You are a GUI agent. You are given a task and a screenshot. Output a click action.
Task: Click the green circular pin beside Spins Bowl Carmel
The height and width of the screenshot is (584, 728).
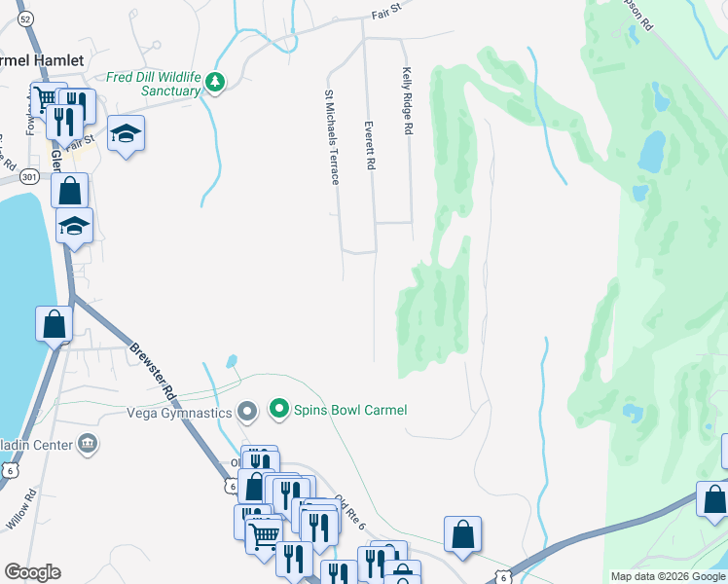coord(280,409)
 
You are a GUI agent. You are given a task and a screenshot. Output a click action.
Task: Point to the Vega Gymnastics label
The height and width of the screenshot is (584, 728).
coord(180,413)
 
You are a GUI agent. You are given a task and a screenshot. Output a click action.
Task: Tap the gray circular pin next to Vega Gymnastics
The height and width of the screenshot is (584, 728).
coord(247,413)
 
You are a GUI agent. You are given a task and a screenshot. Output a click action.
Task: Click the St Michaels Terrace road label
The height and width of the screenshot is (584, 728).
coord(331,137)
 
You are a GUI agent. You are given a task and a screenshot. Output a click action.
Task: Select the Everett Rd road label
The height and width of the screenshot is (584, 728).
coord(370,146)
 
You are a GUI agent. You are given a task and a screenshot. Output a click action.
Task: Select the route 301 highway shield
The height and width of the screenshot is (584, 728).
coord(29,177)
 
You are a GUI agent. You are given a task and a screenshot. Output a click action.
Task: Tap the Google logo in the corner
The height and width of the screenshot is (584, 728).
coord(32,572)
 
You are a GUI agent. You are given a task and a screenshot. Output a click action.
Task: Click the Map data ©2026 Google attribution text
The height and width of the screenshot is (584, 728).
coord(667,576)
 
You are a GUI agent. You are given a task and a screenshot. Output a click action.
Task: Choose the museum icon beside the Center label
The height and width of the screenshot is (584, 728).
coord(88,445)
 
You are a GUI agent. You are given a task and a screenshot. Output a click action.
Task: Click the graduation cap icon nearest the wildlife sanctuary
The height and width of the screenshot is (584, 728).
coord(126,132)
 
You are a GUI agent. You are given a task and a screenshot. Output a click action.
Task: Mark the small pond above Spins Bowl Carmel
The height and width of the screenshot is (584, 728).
coord(231,361)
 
